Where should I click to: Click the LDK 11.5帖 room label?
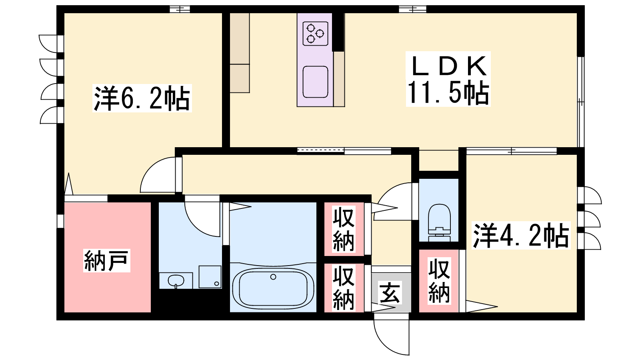click(448, 79)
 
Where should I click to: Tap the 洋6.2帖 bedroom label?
click(142, 98)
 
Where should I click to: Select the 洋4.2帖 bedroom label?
click(521, 235)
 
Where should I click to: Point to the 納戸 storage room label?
click(106, 260)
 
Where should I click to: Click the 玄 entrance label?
click(390, 292)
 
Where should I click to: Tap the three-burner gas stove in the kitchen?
click(315, 34)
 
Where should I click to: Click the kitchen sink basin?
click(315, 82)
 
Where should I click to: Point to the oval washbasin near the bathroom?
click(176, 280)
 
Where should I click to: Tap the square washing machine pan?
click(210, 277)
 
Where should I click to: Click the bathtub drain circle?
click(273, 276)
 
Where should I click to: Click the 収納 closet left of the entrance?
click(344, 288)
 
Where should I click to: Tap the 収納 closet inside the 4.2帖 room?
click(439, 281)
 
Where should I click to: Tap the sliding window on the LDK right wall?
click(581, 102)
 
